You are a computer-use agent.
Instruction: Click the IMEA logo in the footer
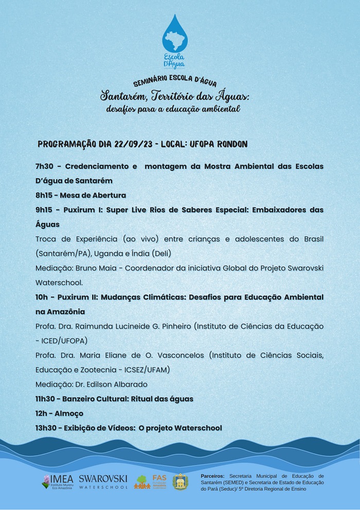(x=58, y=482)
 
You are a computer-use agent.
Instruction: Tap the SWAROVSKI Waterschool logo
(x=103, y=482)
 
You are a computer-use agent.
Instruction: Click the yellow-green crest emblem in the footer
(x=180, y=482)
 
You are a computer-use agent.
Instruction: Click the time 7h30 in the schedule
(x=45, y=167)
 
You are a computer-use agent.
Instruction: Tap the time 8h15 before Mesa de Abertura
(x=45, y=196)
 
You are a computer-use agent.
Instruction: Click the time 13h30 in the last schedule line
(x=47, y=428)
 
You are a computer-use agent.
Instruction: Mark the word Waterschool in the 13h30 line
(x=198, y=428)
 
